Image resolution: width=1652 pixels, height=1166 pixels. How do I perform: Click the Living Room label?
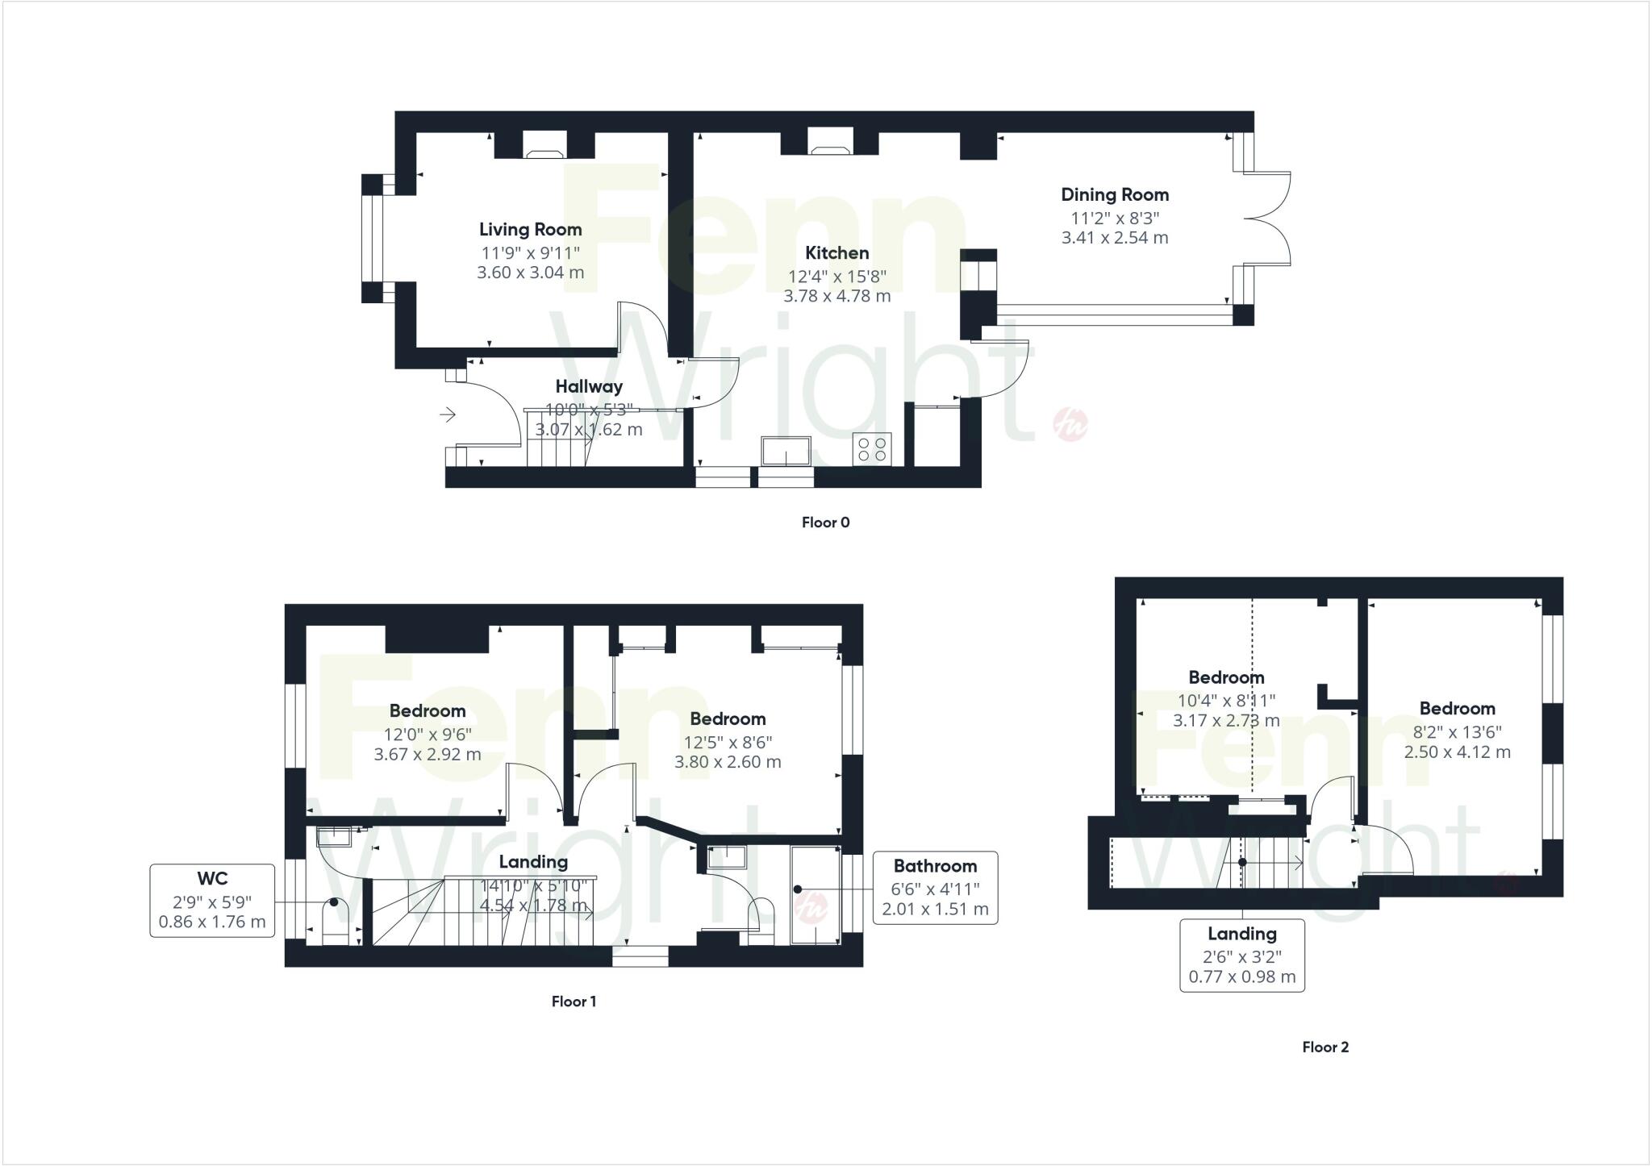click(x=530, y=230)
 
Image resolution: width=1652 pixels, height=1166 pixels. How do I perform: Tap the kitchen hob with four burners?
click(x=872, y=448)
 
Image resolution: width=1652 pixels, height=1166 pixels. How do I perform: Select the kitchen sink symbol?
click(x=786, y=451)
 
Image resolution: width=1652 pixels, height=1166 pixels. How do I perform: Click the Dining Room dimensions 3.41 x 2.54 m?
click(x=1115, y=238)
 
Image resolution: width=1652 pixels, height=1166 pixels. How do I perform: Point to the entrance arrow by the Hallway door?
click(x=448, y=414)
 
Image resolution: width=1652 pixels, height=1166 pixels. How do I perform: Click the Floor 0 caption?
click(x=825, y=523)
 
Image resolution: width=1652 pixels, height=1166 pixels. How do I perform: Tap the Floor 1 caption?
click(x=574, y=1002)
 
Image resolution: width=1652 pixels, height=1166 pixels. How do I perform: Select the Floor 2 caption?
click(x=1325, y=1047)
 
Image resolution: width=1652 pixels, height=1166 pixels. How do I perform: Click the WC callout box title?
click(x=212, y=879)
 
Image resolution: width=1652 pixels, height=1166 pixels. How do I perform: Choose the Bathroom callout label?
click(x=935, y=866)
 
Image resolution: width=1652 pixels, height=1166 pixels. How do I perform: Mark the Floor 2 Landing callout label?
click(x=1241, y=934)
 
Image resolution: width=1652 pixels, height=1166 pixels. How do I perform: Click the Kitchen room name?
click(x=837, y=253)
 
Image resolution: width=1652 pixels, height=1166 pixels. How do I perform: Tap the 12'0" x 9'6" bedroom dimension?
click(x=428, y=735)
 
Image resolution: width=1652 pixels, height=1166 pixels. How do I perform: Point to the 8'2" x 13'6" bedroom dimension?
click(x=1457, y=732)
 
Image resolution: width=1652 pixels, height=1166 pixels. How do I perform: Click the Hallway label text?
click(x=589, y=387)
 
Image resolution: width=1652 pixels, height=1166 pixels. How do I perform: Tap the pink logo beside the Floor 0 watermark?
click(x=1071, y=423)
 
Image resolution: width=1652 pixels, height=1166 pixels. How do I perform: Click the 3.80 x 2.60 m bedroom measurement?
click(x=728, y=762)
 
